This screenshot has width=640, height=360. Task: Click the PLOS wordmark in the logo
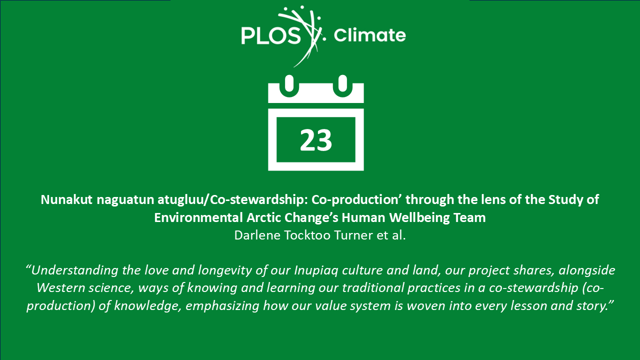click(x=271, y=35)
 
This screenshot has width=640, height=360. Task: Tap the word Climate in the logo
click(x=369, y=35)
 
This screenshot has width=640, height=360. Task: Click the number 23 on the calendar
click(x=315, y=140)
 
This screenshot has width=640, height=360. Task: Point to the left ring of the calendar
click(x=289, y=85)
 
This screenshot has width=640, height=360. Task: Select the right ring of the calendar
click(x=342, y=85)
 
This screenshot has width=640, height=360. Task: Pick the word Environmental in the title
click(x=198, y=217)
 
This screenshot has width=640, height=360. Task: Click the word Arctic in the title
click(x=263, y=217)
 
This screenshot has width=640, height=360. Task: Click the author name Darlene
click(x=257, y=235)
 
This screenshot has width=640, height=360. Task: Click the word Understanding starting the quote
click(x=74, y=270)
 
